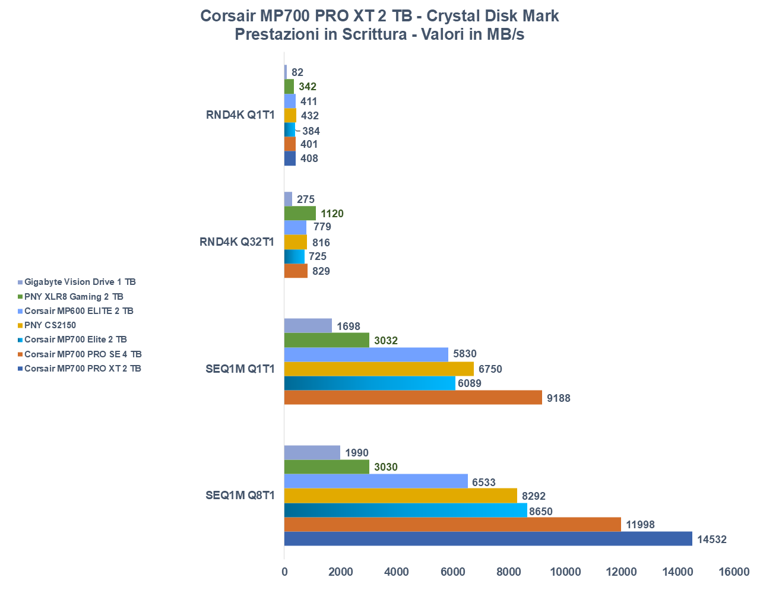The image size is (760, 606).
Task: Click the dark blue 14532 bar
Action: (x=488, y=538)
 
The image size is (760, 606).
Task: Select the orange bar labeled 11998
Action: (x=452, y=524)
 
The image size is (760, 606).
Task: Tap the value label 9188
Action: (x=558, y=398)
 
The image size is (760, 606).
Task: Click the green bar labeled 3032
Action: (x=327, y=340)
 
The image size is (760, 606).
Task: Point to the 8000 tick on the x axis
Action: (x=509, y=572)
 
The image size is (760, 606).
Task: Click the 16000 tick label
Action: (x=734, y=572)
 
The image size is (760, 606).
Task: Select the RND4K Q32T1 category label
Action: (x=237, y=242)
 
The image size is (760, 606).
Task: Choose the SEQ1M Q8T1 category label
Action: (x=240, y=495)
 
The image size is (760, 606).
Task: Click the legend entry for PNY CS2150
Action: (x=50, y=325)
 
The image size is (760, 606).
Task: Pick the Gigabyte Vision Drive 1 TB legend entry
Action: (x=80, y=282)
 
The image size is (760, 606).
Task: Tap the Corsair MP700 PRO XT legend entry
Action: (x=83, y=369)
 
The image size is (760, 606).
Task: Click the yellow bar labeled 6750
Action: (x=379, y=369)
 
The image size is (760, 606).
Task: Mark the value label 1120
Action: (x=332, y=214)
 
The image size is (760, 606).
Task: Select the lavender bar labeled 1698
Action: (x=308, y=325)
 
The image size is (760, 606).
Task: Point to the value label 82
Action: (x=297, y=72)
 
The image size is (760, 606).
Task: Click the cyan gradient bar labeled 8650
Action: (x=406, y=510)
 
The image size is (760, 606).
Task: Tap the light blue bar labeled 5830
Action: (x=366, y=354)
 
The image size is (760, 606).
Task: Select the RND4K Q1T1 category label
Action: (x=240, y=115)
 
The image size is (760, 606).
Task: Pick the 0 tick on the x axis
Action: (x=284, y=572)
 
